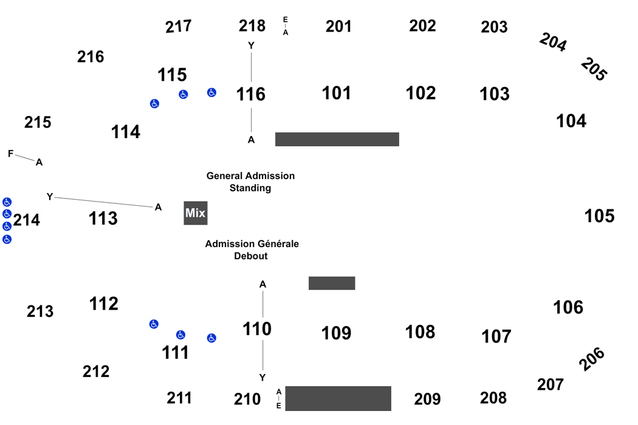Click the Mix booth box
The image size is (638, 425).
(x=196, y=213)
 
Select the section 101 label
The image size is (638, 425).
(x=337, y=93)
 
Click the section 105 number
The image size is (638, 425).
(x=599, y=216)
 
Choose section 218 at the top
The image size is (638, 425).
(x=252, y=25)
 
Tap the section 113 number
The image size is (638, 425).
(x=103, y=217)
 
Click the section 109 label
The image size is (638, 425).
(x=337, y=333)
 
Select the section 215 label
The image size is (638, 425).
(x=38, y=122)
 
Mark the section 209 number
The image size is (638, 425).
(x=427, y=399)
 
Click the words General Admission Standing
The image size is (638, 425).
(x=250, y=182)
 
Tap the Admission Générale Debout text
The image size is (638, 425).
(x=252, y=250)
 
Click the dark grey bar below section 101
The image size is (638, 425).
(x=337, y=139)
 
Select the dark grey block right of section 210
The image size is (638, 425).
(x=338, y=398)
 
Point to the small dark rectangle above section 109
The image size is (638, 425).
(x=332, y=282)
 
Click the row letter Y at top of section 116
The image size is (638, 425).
(x=250, y=45)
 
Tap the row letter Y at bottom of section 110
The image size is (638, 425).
(x=262, y=378)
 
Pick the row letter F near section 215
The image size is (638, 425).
(x=10, y=154)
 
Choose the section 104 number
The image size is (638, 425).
(x=571, y=121)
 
